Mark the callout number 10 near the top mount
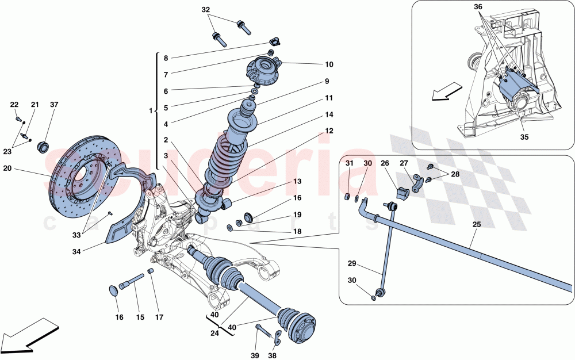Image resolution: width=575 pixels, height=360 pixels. coord(329,64)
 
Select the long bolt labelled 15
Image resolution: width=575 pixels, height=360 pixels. coord(132,282)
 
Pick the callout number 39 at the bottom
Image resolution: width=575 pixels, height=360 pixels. coord(254,355)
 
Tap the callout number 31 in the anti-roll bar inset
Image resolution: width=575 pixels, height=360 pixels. coord(349,163)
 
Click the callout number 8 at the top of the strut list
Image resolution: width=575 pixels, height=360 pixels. coord(166,58)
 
